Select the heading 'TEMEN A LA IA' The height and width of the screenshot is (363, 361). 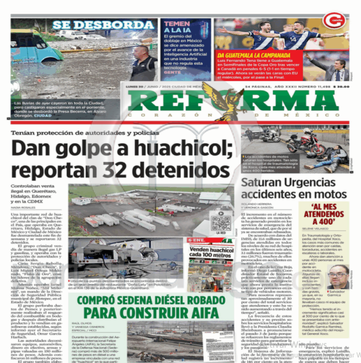(177, 27)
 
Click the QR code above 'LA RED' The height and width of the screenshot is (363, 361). (221, 221)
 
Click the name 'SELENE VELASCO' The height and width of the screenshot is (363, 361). (323, 229)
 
